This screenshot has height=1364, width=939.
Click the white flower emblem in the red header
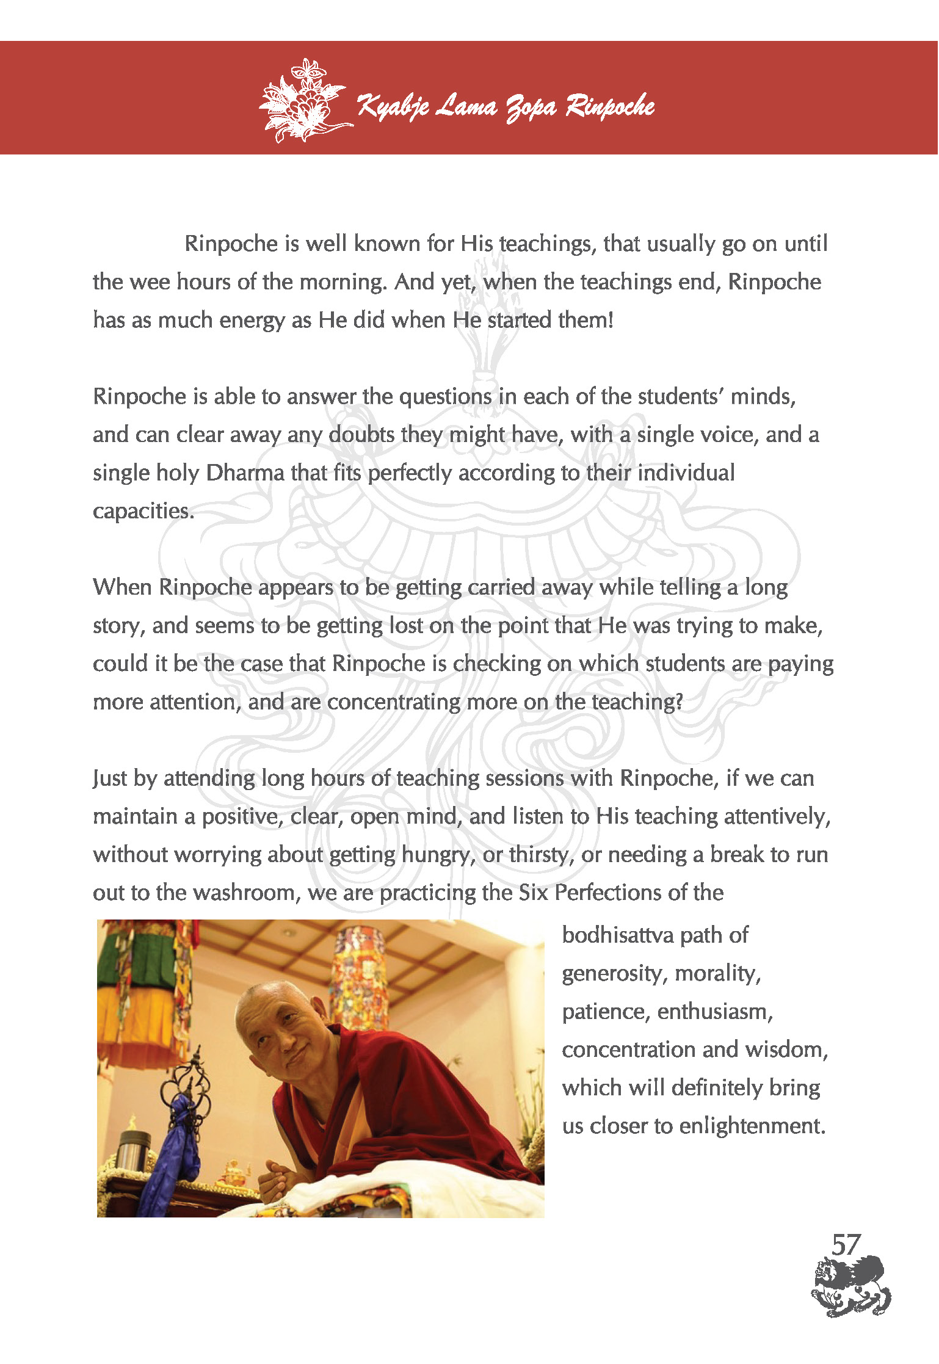(x=303, y=101)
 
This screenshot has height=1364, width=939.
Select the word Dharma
(x=245, y=473)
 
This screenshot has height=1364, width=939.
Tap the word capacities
(x=143, y=511)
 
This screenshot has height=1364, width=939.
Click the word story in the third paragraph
(x=118, y=626)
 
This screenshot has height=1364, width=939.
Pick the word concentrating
(x=394, y=702)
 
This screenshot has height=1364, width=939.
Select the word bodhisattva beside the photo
(x=617, y=935)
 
